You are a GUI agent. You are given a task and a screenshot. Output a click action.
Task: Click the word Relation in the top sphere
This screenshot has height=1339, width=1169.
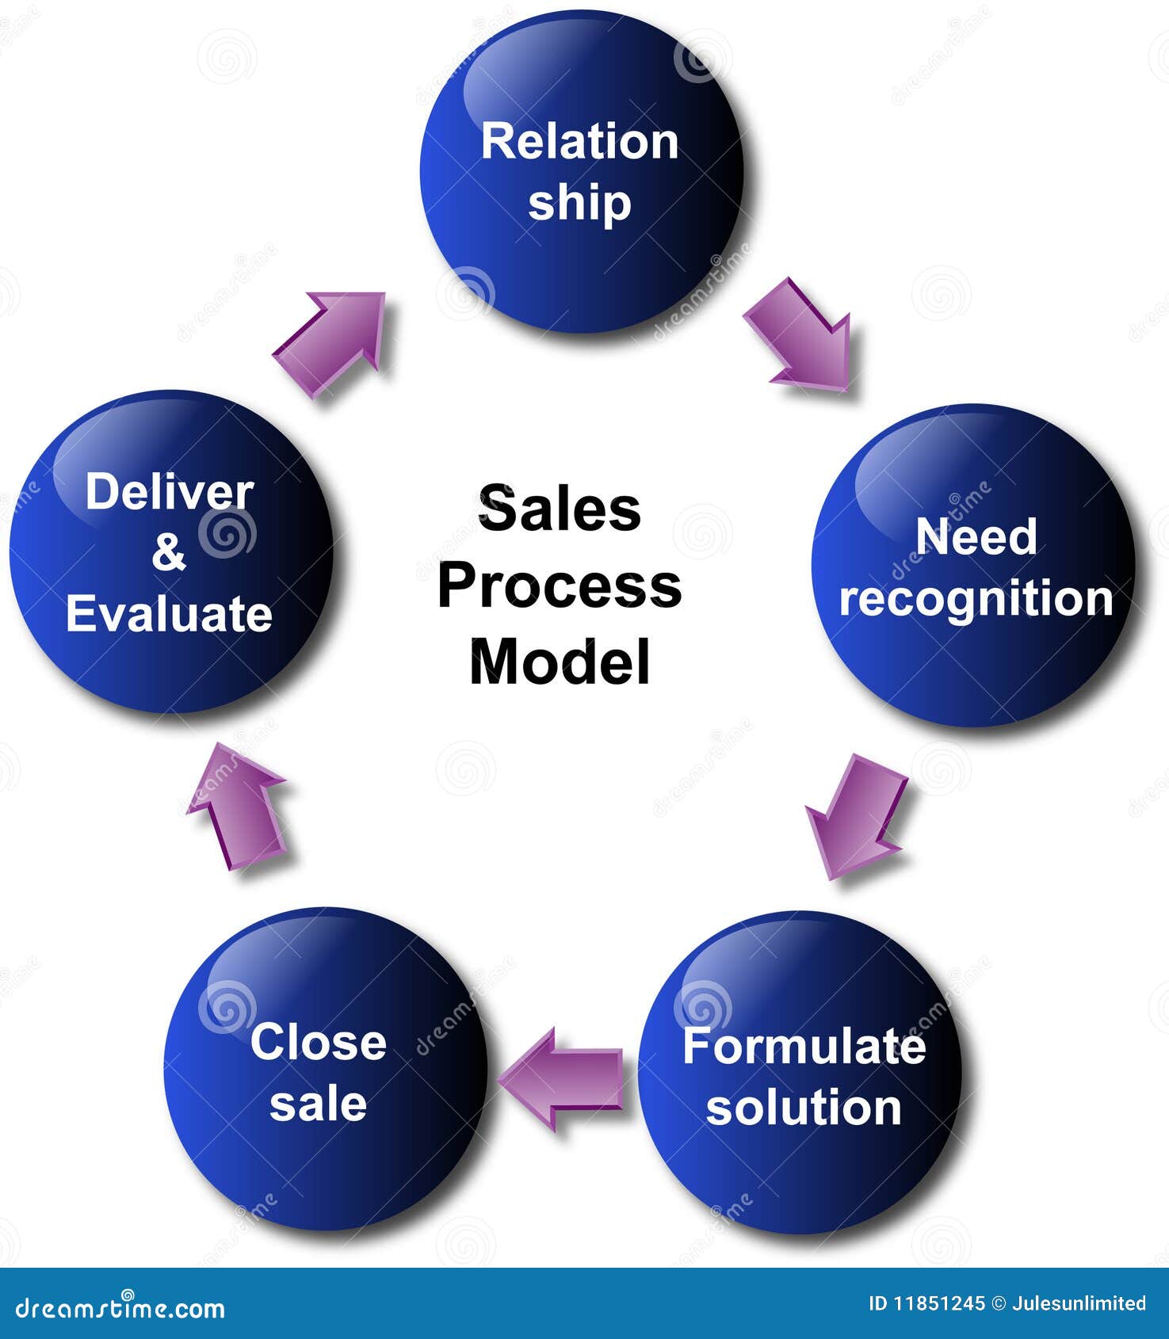click(579, 143)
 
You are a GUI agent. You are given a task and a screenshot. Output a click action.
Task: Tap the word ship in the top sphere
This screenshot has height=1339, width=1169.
click(579, 204)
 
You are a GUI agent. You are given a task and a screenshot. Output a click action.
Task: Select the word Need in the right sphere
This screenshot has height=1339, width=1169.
click(976, 536)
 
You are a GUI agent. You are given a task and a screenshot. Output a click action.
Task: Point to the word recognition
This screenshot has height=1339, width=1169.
click(976, 599)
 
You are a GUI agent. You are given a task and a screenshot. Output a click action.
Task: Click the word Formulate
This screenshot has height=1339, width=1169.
click(804, 1046)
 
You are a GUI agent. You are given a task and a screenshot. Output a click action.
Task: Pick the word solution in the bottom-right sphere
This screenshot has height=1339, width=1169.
click(804, 1107)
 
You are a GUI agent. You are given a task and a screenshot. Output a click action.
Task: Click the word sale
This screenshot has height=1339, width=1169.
click(318, 1103)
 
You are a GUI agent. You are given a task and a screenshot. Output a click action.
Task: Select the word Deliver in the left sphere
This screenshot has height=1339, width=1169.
click(169, 492)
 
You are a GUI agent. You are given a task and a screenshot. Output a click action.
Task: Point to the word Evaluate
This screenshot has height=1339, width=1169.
click(169, 614)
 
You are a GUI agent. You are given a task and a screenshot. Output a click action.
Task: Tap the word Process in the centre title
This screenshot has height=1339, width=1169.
click(560, 586)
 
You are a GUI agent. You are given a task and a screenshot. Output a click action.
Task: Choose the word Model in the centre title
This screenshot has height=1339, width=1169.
click(560, 662)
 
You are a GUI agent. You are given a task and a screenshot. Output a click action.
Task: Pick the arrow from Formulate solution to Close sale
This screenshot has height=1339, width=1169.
click(563, 1078)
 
